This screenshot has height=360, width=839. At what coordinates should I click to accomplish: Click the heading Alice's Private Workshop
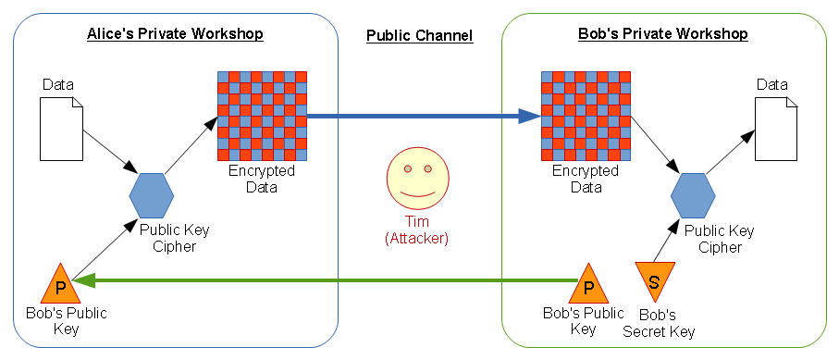tap(175, 34)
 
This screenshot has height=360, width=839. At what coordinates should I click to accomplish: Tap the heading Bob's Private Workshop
tap(662, 34)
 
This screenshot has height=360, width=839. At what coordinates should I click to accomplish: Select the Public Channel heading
tap(419, 36)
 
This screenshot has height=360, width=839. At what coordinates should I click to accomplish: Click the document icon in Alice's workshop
tap(61, 128)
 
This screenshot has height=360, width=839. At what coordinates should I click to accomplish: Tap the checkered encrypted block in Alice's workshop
tap(262, 117)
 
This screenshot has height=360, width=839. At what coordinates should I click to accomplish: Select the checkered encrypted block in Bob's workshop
tap(586, 117)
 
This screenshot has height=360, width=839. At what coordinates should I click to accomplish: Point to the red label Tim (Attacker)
tap(416, 230)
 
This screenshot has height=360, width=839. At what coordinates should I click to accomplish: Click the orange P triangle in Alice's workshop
tap(59, 284)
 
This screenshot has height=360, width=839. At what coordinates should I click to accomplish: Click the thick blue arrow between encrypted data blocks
tap(423, 117)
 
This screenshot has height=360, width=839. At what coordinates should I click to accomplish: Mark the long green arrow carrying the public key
tap(324, 279)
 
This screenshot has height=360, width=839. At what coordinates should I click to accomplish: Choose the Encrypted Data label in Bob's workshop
tap(586, 179)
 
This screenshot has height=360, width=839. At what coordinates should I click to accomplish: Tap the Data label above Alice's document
tap(58, 85)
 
